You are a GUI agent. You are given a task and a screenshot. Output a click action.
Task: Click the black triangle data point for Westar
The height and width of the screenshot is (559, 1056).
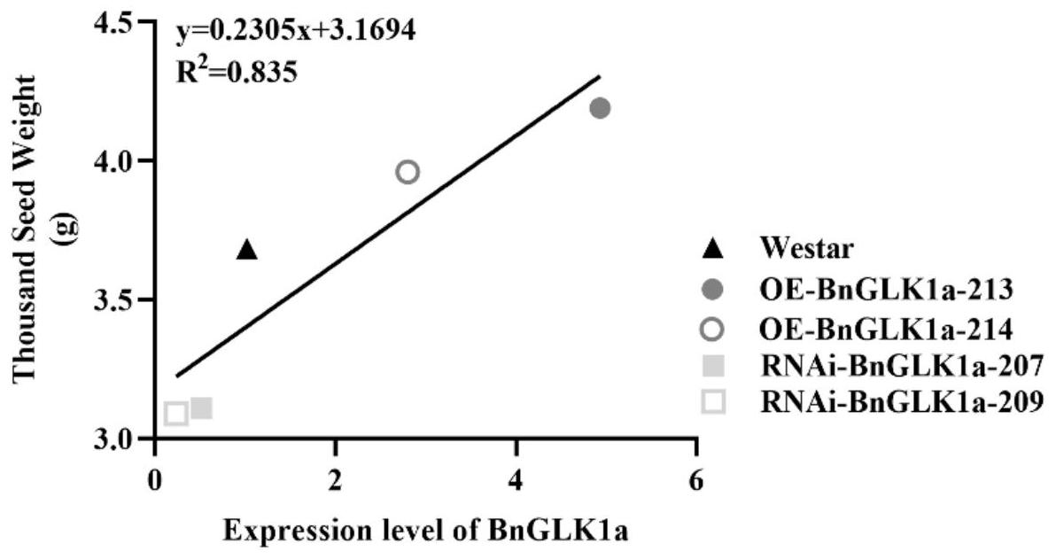pos(247,251)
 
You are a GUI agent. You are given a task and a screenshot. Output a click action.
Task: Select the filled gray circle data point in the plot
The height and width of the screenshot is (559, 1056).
pos(600,108)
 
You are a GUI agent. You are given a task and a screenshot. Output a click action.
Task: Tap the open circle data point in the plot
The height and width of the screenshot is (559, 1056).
pos(408,171)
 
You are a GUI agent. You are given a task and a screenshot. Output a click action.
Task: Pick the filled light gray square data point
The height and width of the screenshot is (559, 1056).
pos(201,408)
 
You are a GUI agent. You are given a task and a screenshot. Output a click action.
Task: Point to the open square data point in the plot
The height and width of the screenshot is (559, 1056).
pos(175,413)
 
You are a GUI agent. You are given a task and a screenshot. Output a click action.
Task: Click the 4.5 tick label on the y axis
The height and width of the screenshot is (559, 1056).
pos(120,23)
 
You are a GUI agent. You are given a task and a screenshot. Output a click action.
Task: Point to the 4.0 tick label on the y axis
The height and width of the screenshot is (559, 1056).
pos(120,161)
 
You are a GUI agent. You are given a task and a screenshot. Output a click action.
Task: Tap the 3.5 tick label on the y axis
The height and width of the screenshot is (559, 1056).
pos(120,300)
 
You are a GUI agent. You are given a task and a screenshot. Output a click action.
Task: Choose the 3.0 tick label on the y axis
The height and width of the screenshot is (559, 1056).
pos(120,439)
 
